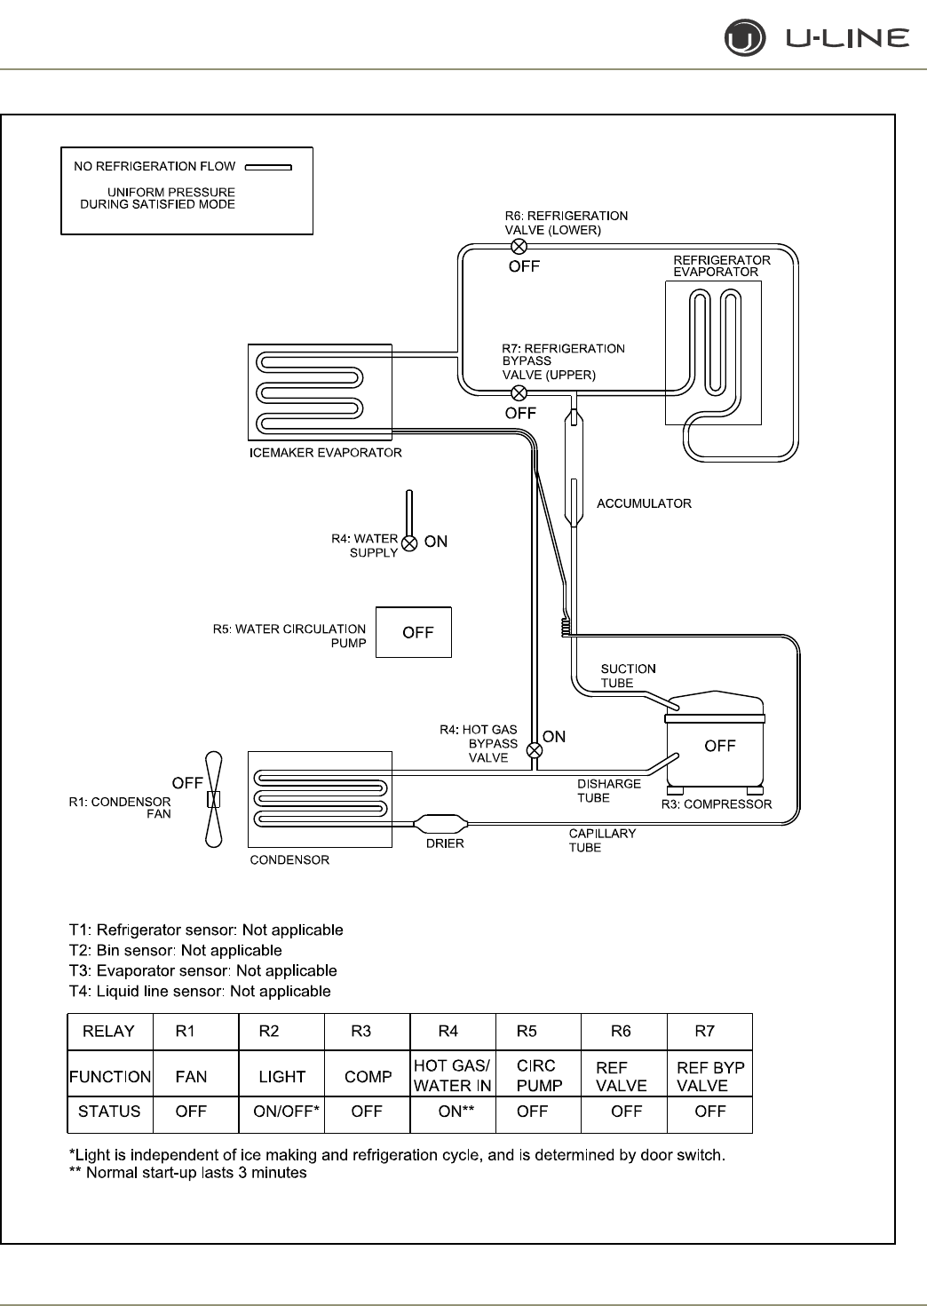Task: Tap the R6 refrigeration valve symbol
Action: (x=519, y=247)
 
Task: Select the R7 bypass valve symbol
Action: (x=519, y=393)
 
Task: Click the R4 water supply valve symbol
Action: (x=409, y=543)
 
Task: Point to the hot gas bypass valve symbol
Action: (x=535, y=750)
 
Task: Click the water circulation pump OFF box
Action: (x=414, y=632)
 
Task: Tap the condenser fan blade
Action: (x=213, y=799)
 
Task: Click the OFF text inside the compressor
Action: (x=719, y=746)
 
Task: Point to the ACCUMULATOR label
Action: (x=644, y=503)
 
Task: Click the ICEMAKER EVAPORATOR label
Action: (x=326, y=453)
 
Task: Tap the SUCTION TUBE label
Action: (x=628, y=676)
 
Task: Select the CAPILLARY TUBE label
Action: (x=602, y=840)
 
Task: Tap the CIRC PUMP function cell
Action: (x=539, y=1075)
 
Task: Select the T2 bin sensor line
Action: (x=176, y=951)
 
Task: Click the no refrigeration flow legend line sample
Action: (x=268, y=167)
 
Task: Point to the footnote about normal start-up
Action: (x=187, y=1173)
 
